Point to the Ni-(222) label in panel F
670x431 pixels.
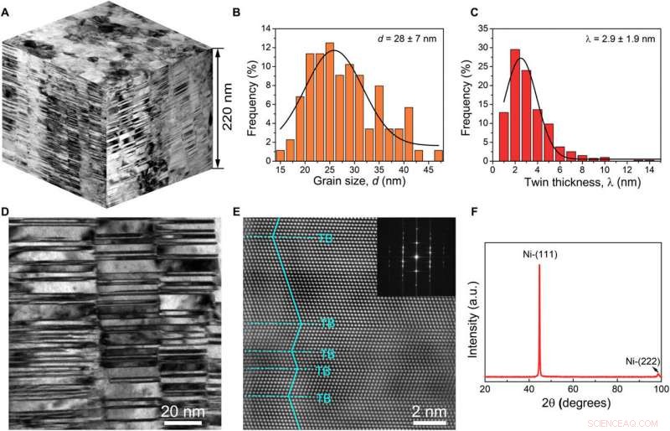tap(640, 361)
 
